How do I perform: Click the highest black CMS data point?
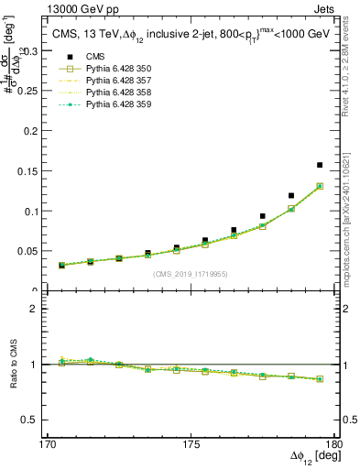[x=320, y=165]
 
